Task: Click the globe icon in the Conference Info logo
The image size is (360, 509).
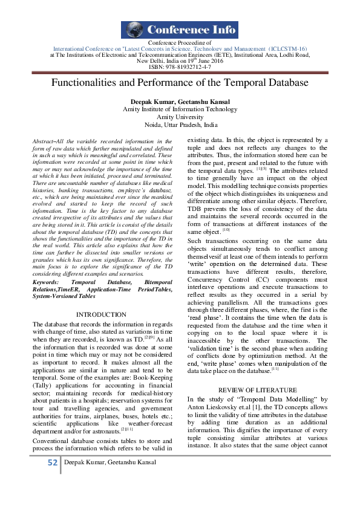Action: (133, 30)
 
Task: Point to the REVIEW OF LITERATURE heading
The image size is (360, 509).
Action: (257, 390)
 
